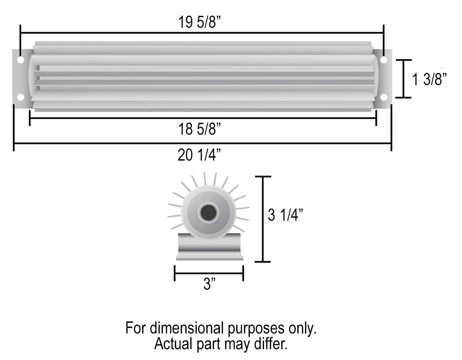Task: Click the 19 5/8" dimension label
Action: (x=200, y=22)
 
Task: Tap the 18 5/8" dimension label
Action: (x=200, y=129)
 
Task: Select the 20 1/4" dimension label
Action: (x=199, y=155)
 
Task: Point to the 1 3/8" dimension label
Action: (x=429, y=79)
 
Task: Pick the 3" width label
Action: (x=209, y=284)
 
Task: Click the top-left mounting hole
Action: (x=20, y=60)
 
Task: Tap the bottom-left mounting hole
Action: (x=20, y=97)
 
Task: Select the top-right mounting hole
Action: (x=383, y=60)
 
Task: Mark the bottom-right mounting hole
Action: (x=383, y=97)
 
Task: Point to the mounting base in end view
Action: (x=209, y=247)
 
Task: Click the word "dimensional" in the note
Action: (x=186, y=328)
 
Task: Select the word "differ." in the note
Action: (x=271, y=344)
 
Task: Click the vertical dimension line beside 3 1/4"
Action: (x=263, y=219)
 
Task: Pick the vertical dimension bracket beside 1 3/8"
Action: (x=403, y=79)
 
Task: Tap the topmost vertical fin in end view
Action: (x=205, y=178)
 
